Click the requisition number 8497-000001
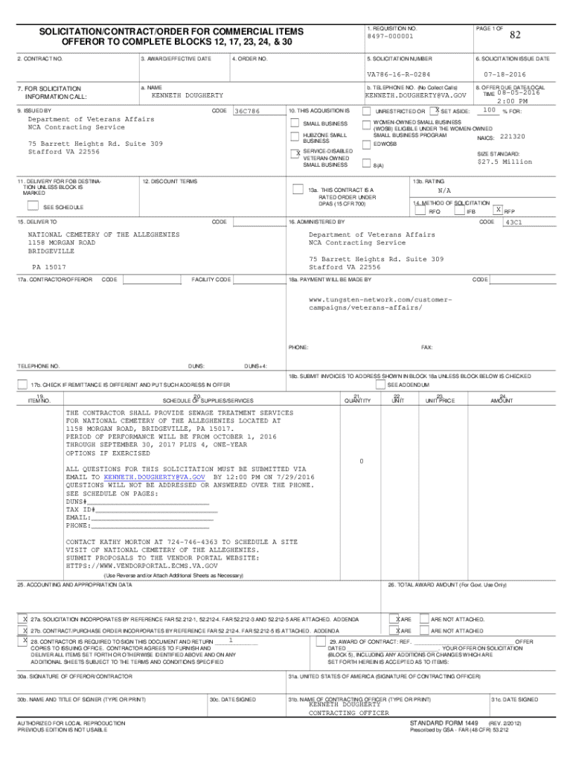(x=390, y=36)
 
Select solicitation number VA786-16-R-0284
(x=398, y=75)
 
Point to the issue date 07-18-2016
(x=504, y=75)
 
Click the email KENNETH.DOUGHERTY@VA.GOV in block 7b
(x=414, y=96)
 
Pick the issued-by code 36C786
(x=247, y=112)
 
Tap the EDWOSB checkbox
(x=367, y=144)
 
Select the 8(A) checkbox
(x=367, y=164)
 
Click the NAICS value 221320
(x=513, y=137)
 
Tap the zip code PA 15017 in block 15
(x=48, y=266)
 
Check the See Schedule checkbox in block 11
(x=32, y=206)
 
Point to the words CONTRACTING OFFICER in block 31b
(x=348, y=713)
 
